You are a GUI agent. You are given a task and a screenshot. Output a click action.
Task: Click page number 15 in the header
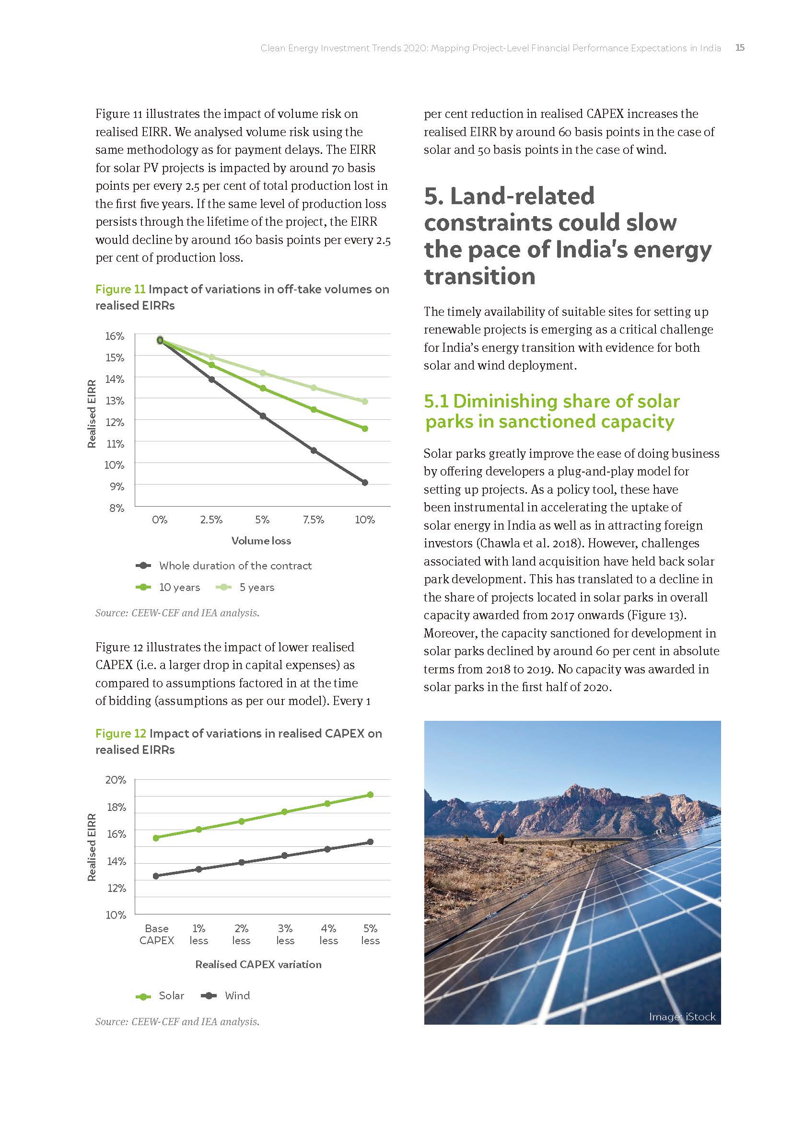point(740,47)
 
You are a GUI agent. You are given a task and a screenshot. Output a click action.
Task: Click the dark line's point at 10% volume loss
point(365,483)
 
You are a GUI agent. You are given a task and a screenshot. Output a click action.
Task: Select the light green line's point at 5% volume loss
point(263,373)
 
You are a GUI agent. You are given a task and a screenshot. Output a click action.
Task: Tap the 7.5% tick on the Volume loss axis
point(313,520)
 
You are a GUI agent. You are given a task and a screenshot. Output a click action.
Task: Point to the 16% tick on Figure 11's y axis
point(115,336)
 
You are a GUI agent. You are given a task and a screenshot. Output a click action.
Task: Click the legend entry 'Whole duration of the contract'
point(235,566)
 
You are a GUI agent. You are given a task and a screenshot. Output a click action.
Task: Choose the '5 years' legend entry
point(257,588)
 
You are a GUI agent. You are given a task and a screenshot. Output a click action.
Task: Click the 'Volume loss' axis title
point(261,541)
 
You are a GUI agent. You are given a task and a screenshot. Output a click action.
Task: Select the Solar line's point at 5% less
point(370,795)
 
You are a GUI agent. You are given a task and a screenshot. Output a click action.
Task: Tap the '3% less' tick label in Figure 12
point(285,935)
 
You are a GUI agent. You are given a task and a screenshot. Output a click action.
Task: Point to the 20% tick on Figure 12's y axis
point(116,780)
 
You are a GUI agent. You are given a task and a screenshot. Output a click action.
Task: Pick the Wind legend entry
point(237,995)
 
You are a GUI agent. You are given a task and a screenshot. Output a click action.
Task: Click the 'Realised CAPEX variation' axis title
point(258,964)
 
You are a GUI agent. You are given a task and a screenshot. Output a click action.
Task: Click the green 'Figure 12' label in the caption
point(121,733)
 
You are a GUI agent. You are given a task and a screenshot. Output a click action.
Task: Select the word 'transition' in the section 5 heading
point(480,277)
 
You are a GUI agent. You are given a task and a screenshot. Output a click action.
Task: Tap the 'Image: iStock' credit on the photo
point(682,1017)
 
